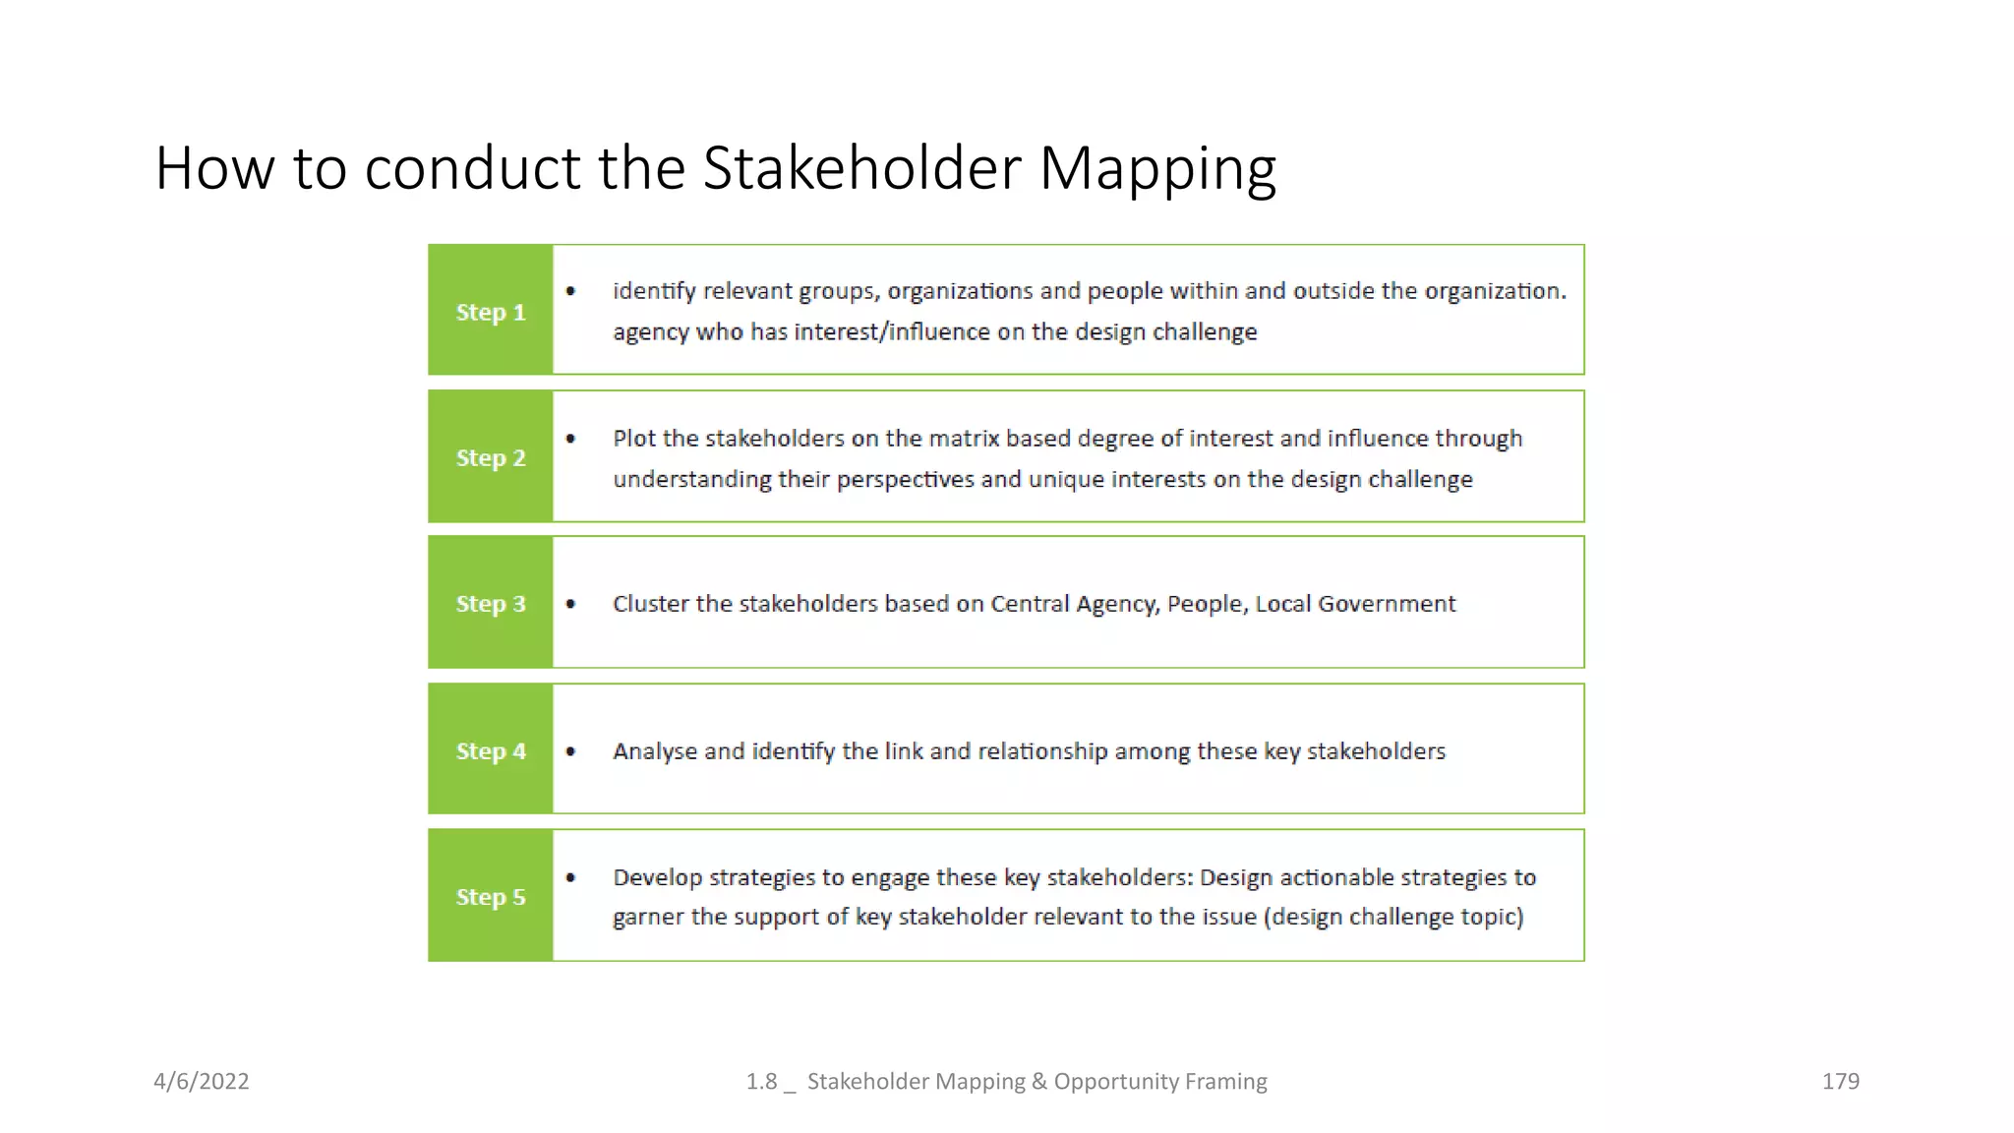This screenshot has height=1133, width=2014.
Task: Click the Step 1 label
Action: click(491, 313)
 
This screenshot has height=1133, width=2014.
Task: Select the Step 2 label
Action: click(491, 458)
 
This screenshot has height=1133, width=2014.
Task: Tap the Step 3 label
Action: click(491, 604)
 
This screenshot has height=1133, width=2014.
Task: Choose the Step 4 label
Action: click(491, 751)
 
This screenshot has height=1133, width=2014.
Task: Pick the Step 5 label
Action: click(491, 897)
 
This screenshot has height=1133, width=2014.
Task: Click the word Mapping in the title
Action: click(1157, 169)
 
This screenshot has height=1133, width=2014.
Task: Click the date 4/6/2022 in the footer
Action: click(202, 1082)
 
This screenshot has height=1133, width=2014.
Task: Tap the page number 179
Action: click(1840, 1082)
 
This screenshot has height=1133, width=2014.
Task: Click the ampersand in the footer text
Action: click(1039, 1082)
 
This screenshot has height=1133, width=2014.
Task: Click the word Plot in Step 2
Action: click(633, 439)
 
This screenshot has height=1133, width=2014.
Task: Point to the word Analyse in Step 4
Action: click(655, 751)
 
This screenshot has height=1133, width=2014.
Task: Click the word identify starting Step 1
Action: click(654, 292)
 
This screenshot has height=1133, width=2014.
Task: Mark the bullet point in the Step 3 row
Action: click(571, 604)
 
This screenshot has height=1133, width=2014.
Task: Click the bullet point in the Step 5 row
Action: click(571, 877)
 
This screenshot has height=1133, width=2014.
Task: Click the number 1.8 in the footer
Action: click(761, 1082)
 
